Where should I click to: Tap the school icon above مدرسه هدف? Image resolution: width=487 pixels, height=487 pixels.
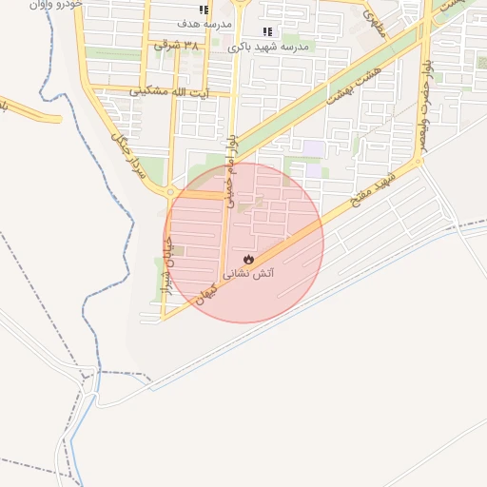coord(203,8)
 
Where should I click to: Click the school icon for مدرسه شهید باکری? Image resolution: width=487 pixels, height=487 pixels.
coord(267,31)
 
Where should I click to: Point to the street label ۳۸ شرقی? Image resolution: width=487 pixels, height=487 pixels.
coord(178,46)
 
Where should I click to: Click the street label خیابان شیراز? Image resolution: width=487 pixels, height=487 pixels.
coord(166,266)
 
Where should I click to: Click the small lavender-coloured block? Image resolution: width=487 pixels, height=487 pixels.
coord(313,147)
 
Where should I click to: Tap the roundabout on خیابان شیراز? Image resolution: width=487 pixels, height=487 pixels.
coord(170,192)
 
